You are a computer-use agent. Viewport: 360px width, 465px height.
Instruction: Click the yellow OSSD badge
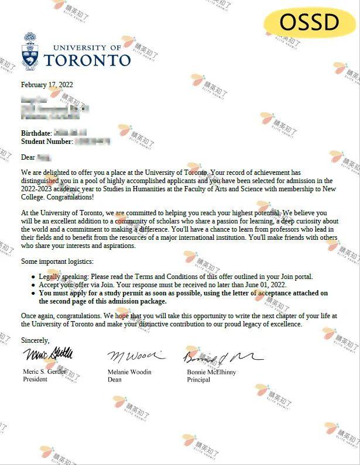click(310, 22)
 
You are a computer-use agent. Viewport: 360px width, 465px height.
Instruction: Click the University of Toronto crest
click(30, 50)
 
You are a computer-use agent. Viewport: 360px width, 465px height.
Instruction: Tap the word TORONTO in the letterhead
click(87, 60)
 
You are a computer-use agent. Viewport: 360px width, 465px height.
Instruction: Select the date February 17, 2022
click(47, 85)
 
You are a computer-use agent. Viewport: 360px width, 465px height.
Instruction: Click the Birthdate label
click(36, 133)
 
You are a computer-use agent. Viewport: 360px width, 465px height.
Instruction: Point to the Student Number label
click(47, 142)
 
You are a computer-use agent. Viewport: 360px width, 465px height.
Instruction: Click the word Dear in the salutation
click(28, 157)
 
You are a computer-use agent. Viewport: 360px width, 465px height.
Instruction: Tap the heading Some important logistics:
click(57, 261)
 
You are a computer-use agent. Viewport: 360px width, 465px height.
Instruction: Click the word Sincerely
click(35, 340)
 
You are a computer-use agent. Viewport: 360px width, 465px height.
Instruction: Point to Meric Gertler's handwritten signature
click(48, 354)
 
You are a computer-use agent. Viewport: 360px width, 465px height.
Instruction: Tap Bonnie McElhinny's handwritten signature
click(220, 355)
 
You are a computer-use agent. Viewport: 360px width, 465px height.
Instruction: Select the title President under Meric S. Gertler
click(35, 379)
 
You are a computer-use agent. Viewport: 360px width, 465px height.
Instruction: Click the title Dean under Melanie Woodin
click(114, 379)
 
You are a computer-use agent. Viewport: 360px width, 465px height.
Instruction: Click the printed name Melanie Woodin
click(129, 372)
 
